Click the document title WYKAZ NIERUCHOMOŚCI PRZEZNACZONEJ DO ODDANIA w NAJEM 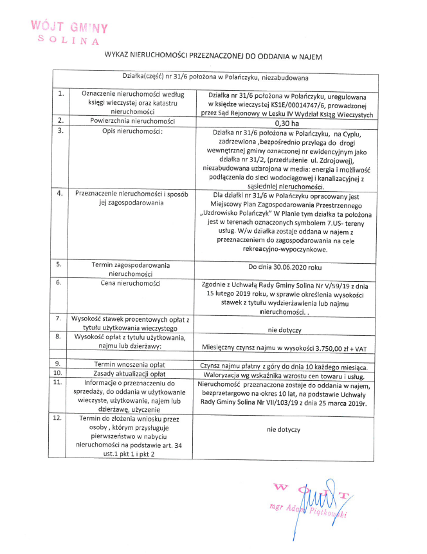tap(213, 57)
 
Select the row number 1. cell tap(60, 93)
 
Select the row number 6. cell tap(60, 282)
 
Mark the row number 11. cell tap(60, 382)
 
